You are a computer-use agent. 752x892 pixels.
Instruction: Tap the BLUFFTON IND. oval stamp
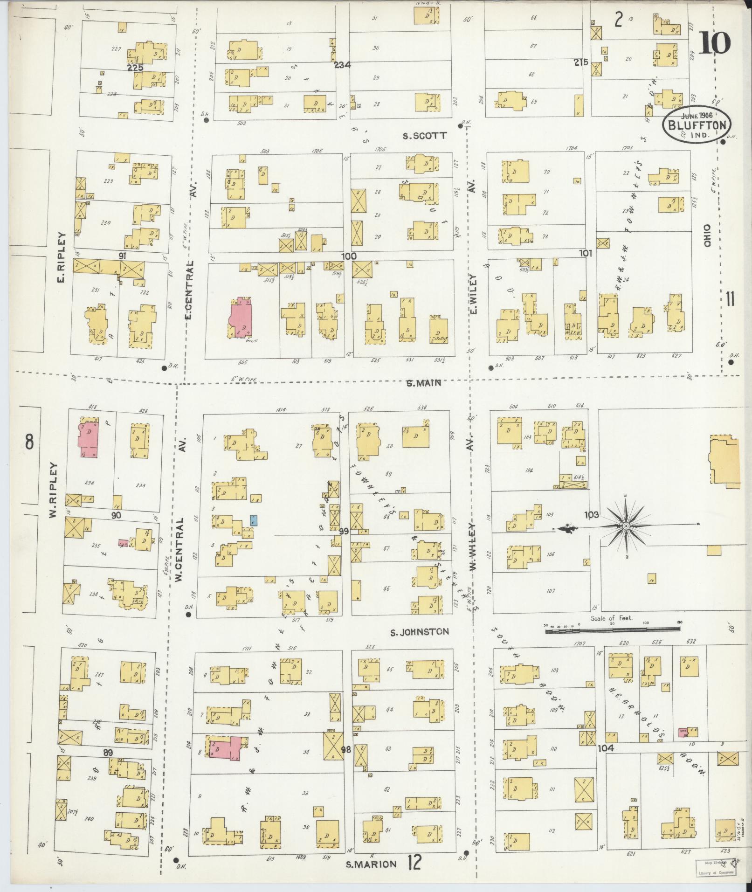click(x=697, y=125)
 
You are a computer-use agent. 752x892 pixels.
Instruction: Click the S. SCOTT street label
click(x=425, y=136)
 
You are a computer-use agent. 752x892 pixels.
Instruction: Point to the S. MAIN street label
click(x=423, y=383)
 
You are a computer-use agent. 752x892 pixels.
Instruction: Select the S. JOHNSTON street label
click(x=419, y=632)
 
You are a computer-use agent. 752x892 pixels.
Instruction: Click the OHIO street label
click(x=708, y=235)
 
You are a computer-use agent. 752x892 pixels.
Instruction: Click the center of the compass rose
click(x=626, y=526)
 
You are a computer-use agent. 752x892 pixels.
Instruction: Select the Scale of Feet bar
click(x=611, y=632)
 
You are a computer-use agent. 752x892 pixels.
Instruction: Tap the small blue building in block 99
click(x=253, y=520)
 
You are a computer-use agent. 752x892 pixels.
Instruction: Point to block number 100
click(x=348, y=256)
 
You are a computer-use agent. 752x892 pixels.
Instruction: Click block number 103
click(x=591, y=515)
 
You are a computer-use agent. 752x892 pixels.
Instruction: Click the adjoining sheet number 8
click(x=29, y=441)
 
